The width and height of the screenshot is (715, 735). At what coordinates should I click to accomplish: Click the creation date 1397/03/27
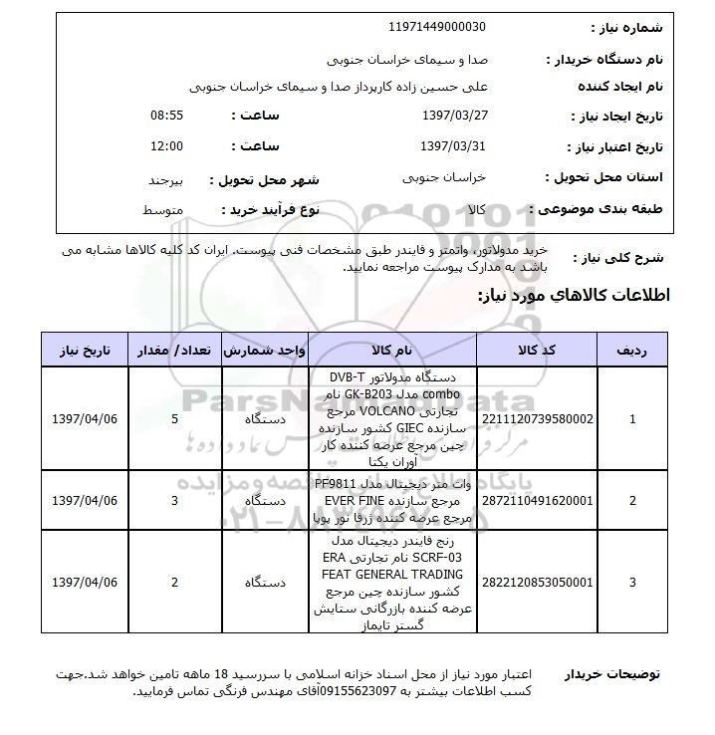453,116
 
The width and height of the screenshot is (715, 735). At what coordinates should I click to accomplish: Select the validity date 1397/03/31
453,146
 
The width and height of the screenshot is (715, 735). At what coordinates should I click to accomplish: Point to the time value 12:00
166,146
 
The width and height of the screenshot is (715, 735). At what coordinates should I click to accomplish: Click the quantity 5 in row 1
175,419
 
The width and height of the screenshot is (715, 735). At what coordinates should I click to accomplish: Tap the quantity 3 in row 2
175,500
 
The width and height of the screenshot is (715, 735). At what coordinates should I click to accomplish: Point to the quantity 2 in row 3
175,582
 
